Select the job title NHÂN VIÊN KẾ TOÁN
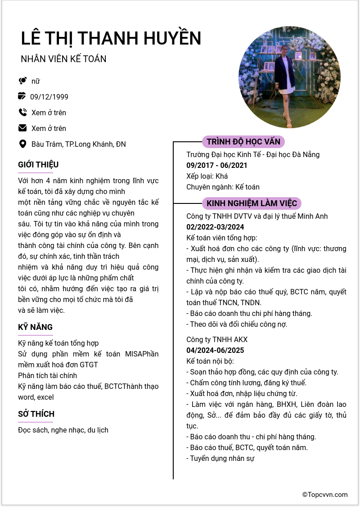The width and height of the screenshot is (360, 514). click(63, 59)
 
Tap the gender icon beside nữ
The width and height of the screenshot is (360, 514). click(22, 81)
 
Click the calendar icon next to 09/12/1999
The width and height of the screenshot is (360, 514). click(22, 96)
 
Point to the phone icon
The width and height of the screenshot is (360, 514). click(22, 113)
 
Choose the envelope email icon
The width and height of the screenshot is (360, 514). click(22, 128)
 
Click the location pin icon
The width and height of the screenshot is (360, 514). click(22, 144)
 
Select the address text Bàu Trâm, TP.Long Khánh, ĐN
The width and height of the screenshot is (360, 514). click(79, 144)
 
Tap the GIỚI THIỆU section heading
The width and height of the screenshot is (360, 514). click(38, 165)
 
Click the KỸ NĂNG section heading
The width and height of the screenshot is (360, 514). click(36, 327)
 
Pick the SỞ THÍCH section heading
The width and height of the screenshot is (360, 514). click(36, 414)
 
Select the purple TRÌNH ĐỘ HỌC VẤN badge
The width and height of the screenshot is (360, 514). click(243, 142)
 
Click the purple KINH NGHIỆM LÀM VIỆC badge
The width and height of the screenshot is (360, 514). click(252, 203)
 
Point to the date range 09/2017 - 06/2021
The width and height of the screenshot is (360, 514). click(217, 166)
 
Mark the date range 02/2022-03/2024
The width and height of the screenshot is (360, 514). click(215, 227)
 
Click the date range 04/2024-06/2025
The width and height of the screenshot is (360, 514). click(215, 350)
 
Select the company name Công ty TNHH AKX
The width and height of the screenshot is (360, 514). click(217, 339)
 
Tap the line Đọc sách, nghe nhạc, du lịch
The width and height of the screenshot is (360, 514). click(63, 430)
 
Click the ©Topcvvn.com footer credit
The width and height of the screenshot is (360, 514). click(325, 495)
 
